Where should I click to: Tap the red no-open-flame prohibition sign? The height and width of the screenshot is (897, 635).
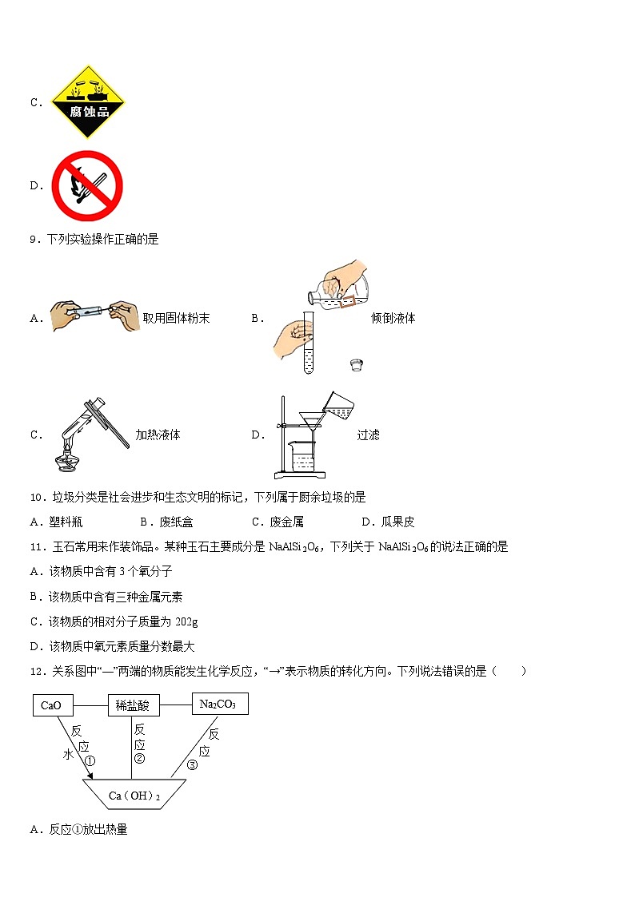[x=86, y=185]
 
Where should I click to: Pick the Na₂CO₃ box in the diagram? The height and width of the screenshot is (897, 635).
[x=219, y=704]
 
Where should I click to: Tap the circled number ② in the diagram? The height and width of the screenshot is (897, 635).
[x=139, y=758]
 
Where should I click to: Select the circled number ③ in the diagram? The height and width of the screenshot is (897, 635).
[x=192, y=764]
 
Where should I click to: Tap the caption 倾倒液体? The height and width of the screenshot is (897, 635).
[x=393, y=318]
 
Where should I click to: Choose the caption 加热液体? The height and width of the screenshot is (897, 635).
[x=158, y=435]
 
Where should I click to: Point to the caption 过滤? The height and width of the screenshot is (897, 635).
[x=368, y=435]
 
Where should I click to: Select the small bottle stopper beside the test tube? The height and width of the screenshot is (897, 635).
[x=357, y=365]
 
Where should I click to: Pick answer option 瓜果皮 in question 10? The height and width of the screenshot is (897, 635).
[x=397, y=522]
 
